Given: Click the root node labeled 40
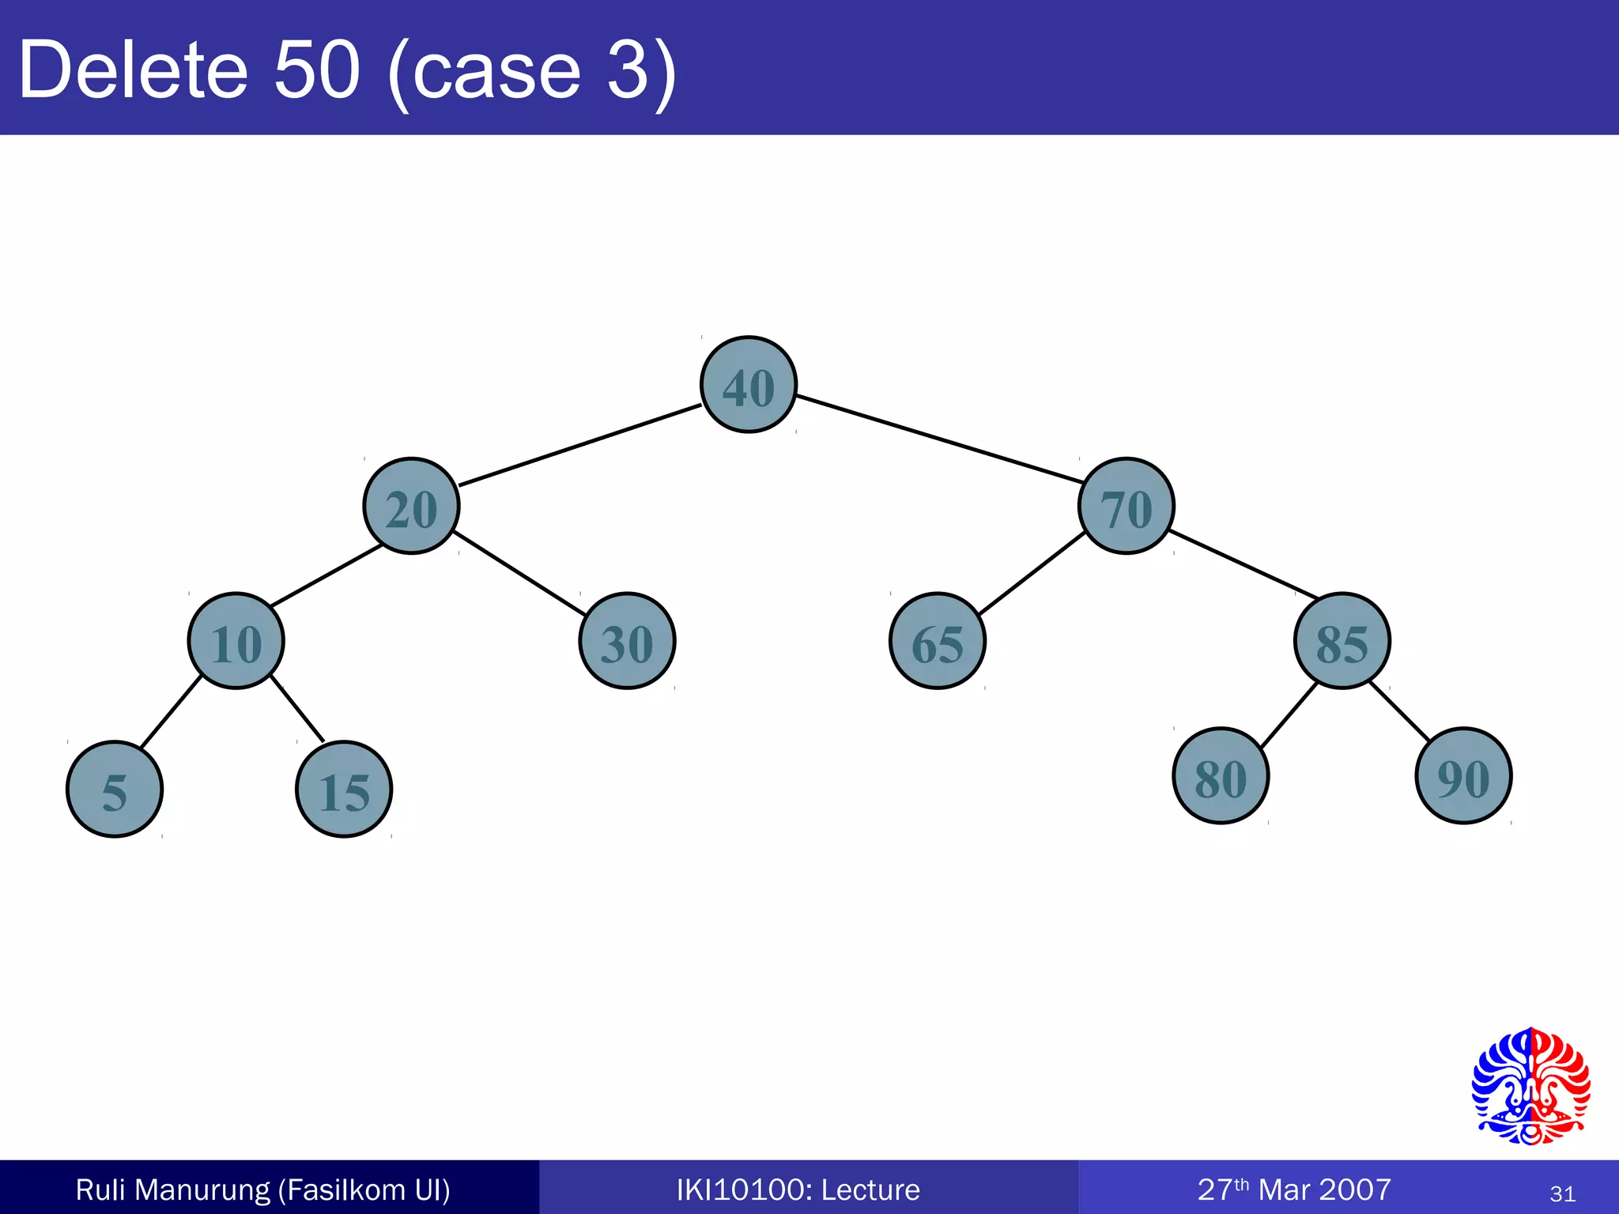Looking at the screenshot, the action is click(749, 385).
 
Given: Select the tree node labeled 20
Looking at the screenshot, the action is click(411, 506).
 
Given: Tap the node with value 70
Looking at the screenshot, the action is click(1127, 506).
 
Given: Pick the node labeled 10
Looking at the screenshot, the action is click(236, 641).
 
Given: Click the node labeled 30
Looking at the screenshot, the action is click(627, 641).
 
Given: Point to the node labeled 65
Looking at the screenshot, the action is click(938, 641).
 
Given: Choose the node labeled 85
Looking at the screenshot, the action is click(1342, 641).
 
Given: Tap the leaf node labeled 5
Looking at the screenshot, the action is click(115, 789).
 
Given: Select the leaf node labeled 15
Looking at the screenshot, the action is click(344, 789).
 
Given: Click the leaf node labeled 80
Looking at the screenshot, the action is click(1221, 776).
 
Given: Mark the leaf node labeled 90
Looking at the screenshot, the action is click(1463, 776).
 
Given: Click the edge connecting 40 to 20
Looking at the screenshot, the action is click(579, 445).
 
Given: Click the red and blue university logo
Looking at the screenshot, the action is click(1530, 1086).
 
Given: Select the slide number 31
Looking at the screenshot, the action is click(1562, 1193).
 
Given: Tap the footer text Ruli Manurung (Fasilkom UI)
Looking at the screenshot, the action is click(262, 1189).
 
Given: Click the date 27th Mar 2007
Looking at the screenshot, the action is click(1294, 1189).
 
